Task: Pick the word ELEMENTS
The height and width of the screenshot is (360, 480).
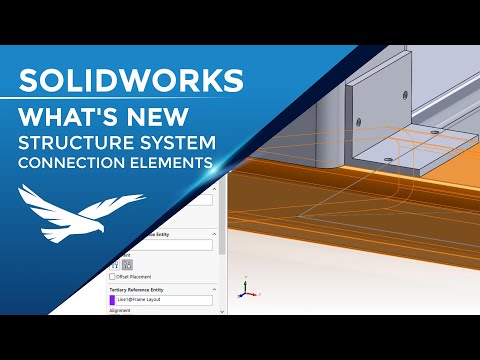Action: coord(182,162)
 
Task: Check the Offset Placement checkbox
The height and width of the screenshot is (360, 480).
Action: coord(112,277)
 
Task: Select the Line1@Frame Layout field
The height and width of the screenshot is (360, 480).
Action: coord(164,299)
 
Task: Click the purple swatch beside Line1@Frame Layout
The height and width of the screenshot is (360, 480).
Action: coord(112,299)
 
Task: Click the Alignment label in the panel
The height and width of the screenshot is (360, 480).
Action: coord(120,310)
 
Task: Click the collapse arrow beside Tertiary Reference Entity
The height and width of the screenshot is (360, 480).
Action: coord(214,289)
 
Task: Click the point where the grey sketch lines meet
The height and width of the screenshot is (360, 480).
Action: coord(299,215)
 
